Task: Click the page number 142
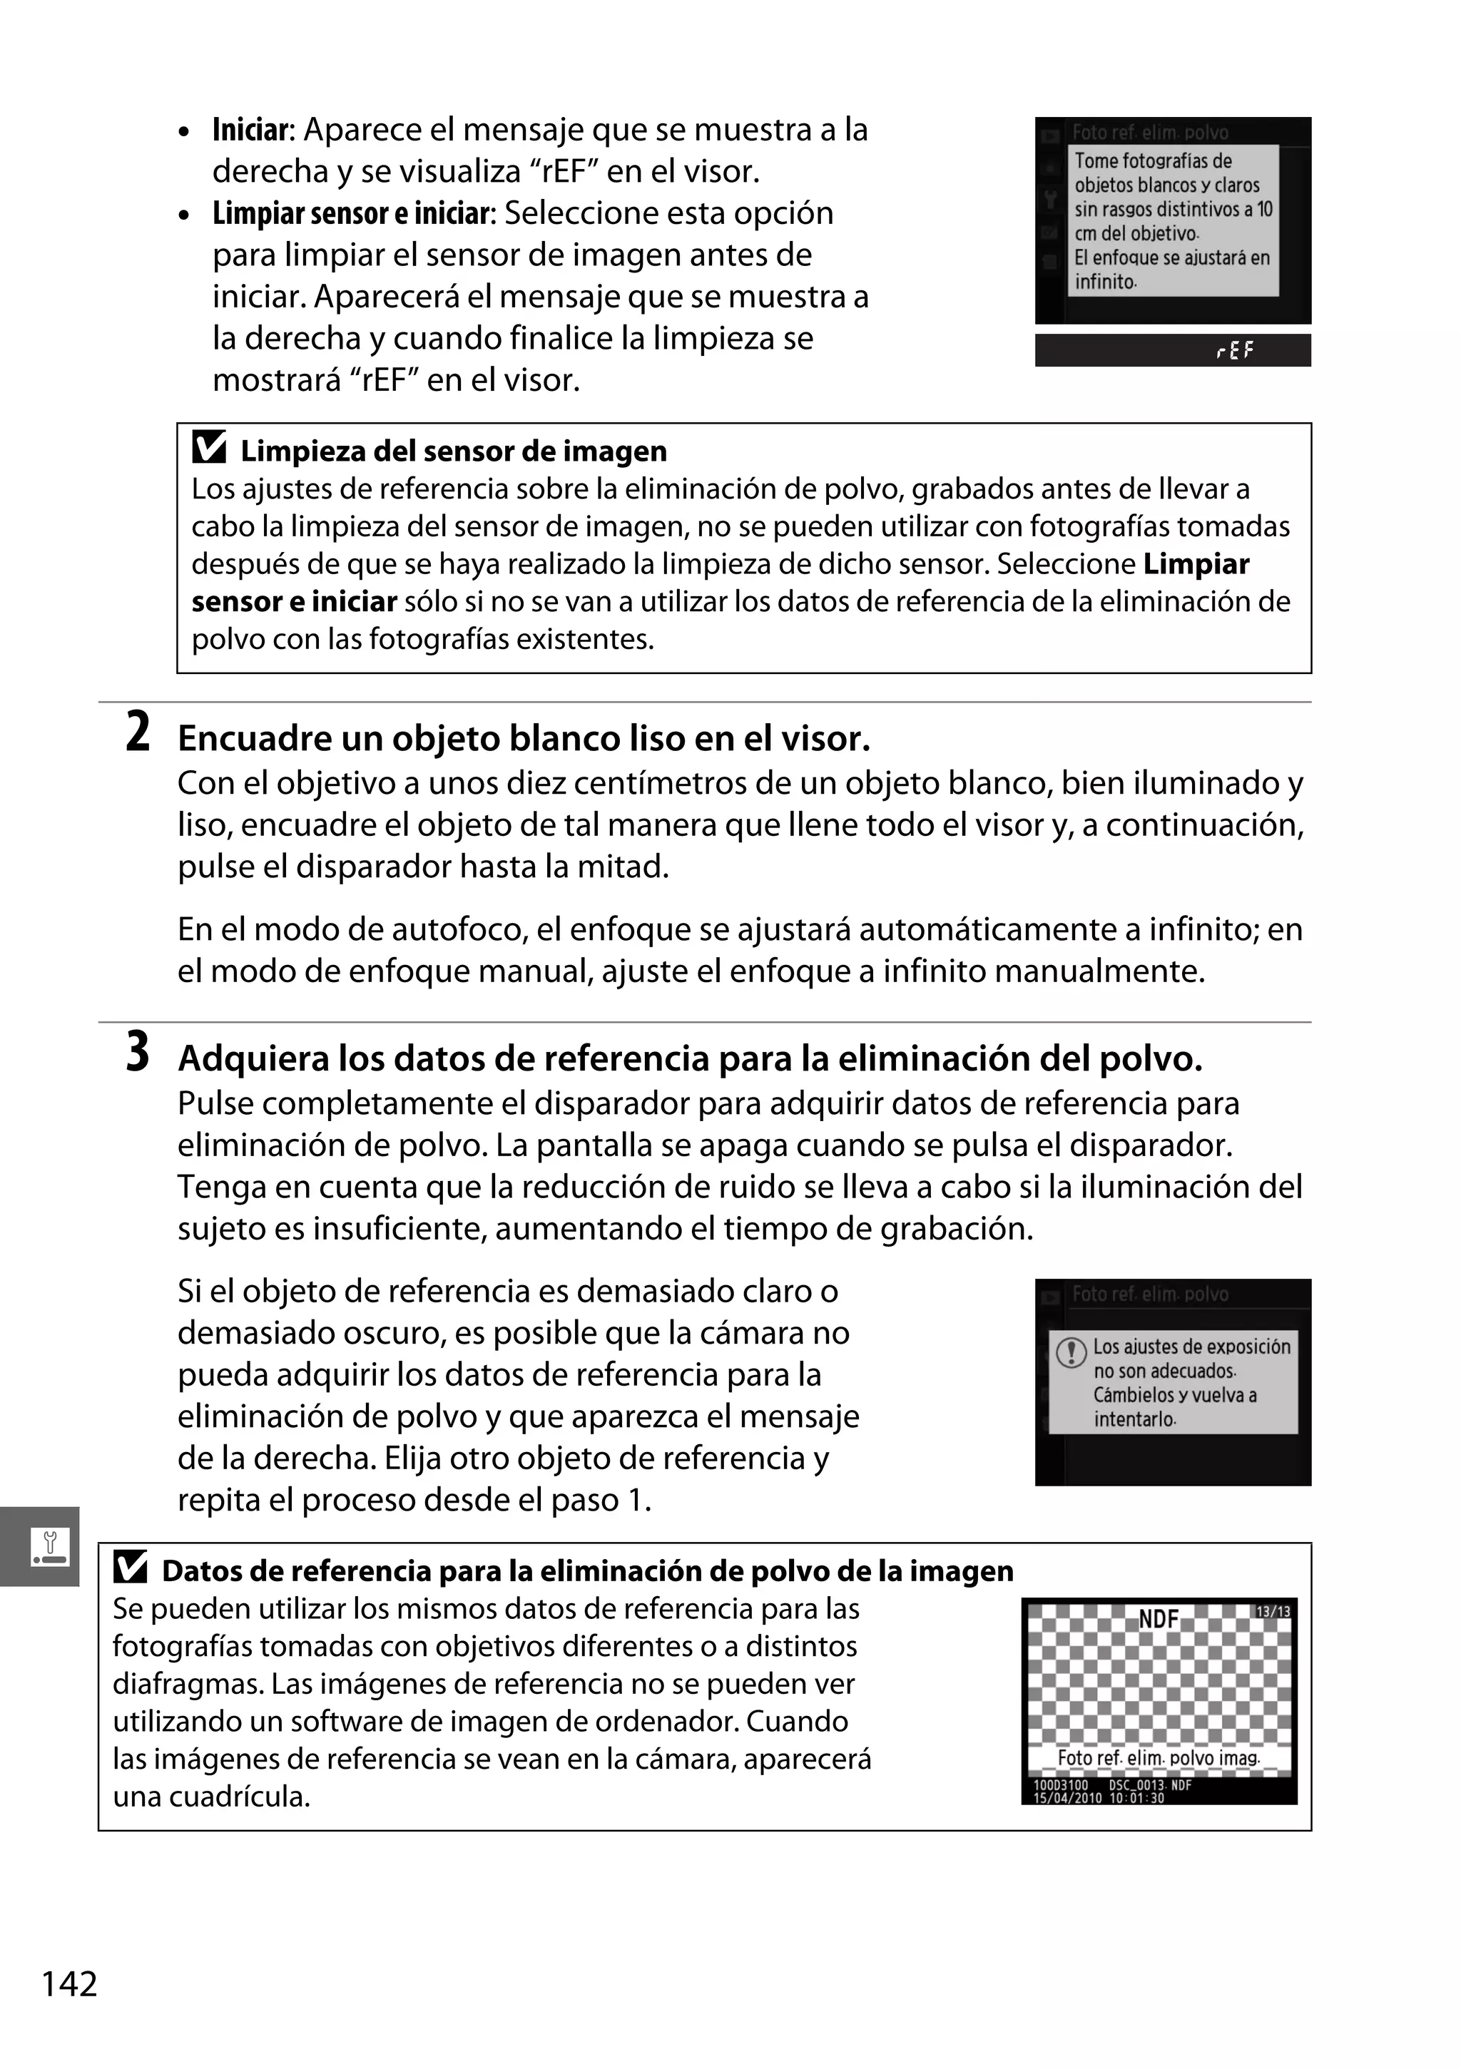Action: [69, 1984]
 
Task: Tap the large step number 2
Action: [137, 732]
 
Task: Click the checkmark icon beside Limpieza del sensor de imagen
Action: [209, 448]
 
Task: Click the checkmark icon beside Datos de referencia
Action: [131, 1569]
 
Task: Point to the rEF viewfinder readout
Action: [1234, 351]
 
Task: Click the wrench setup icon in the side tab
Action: [49, 1546]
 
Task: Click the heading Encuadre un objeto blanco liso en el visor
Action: [524, 739]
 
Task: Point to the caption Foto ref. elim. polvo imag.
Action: [1158, 1758]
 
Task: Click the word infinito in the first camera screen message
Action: [1105, 282]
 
